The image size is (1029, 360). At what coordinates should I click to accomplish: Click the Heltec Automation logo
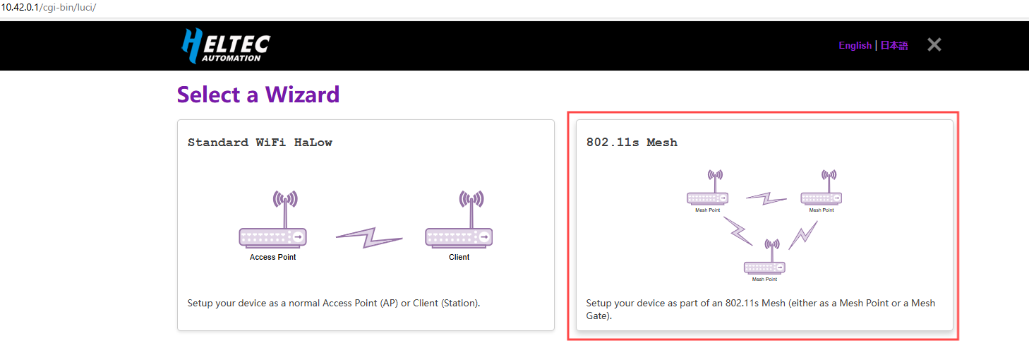[225, 46]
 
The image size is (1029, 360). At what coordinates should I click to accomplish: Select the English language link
[855, 45]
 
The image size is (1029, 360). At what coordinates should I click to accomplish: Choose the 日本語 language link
[894, 45]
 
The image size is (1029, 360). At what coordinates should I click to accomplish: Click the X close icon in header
[934, 45]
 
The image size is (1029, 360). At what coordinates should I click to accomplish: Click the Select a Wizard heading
[258, 94]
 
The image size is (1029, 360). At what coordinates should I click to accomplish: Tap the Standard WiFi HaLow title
[260, 143]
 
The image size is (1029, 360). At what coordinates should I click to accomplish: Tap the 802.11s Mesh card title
[632, 143]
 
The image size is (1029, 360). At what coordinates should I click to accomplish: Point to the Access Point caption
[272, 257]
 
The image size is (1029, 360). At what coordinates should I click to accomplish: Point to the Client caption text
[459, 257]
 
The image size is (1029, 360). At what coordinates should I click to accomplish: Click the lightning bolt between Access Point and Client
[368, 237]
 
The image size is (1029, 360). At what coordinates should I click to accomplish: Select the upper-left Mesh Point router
[707, 198]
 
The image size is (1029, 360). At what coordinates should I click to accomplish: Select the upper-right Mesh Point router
[821, 198]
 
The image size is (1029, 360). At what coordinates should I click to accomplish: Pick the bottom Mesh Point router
[764, 267]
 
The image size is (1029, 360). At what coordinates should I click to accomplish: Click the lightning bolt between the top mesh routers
[766, 198]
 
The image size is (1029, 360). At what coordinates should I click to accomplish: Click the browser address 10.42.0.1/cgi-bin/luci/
[48, 8]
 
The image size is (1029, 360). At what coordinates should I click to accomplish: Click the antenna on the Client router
[471, 205]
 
